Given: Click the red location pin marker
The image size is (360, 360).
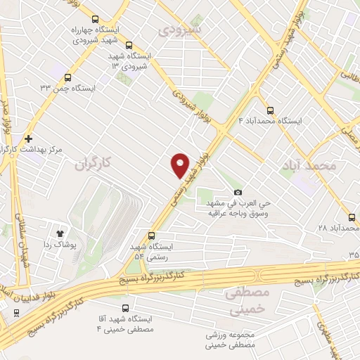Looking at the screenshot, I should pyautogui.click(x=181, y=164).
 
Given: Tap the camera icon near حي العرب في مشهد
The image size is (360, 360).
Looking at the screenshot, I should pyautogui.click(x=238, y=193).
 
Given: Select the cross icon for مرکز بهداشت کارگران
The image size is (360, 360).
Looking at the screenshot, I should pyautogui.click(x=27, y=139).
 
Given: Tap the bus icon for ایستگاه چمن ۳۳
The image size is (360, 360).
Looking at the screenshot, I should pyautogui.click(x=67, y=77).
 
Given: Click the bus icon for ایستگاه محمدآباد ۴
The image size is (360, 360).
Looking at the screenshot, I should pyautogui.click(x=271, y=110).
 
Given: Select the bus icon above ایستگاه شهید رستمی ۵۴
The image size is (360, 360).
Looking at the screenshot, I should pyautogui.click(x=150, y=236).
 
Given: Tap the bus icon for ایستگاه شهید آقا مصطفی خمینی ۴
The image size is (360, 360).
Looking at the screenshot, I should pyautogui.click(x=125, y=308).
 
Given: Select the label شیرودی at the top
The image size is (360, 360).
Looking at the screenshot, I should pyautogui.click(x=181, y=30).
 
